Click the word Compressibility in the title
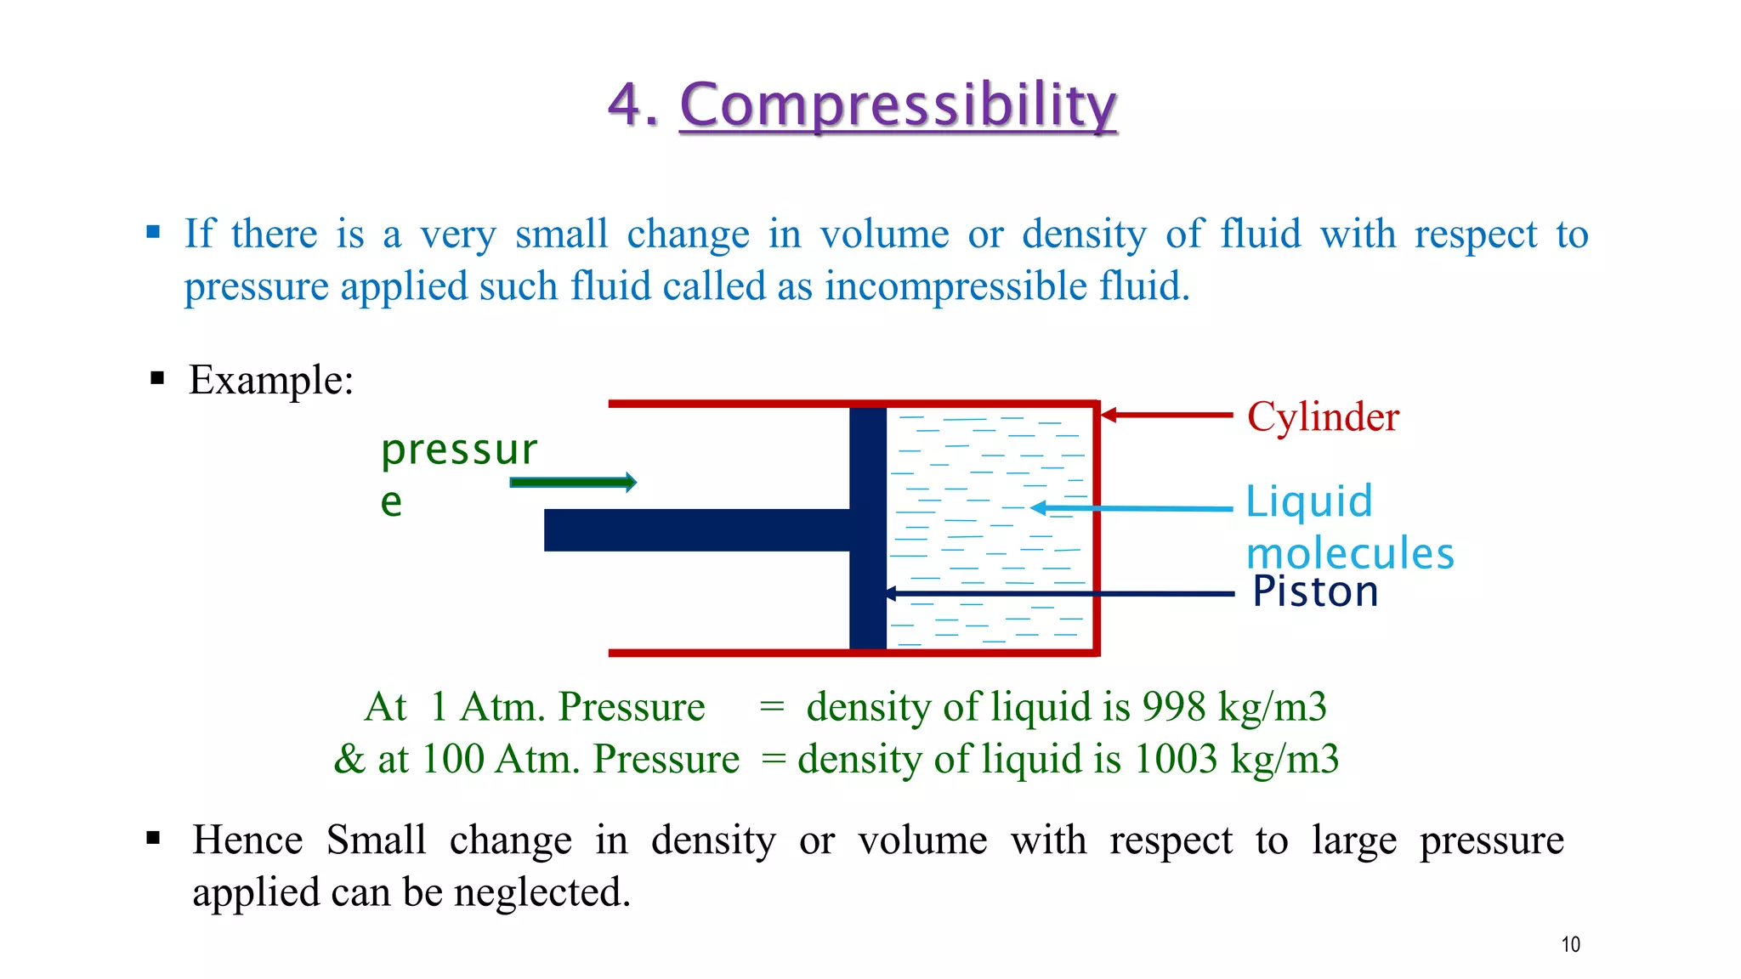point(898,105)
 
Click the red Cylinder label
point(1323,417)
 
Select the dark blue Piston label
point(1314,591)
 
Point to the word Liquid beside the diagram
point(1309,501)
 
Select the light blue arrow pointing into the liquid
point(1131,508)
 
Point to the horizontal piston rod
point(697,530)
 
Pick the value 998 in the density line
point(1174,707)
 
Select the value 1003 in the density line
point(1176,759)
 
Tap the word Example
point(270,380)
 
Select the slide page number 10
point(1570,944)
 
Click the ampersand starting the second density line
point(349,759)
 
